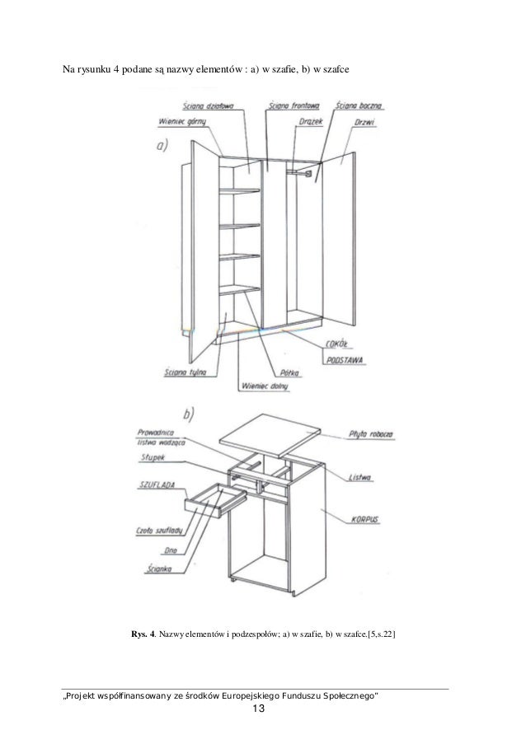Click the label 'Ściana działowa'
click(210, 106)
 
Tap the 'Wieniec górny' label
click(181, 121)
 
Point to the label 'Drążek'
click(313, 121)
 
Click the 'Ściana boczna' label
click(359, 106)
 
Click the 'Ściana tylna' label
click(184, 371)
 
